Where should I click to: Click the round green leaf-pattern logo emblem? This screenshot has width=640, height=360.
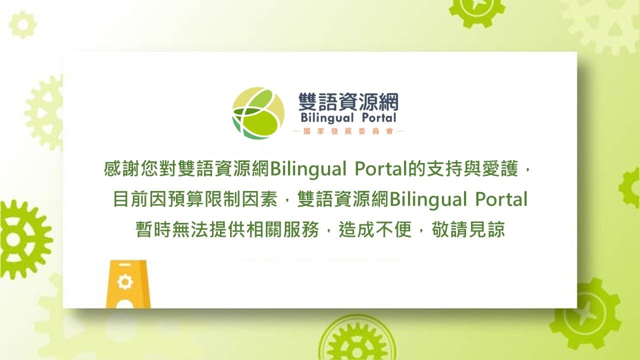(258, 113)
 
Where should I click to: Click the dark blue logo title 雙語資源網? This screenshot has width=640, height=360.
(348, 102)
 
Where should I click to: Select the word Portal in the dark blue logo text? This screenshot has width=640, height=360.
(379, 117)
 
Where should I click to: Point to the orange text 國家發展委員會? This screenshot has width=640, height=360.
(348, 131)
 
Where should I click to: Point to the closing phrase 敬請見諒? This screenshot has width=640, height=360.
(468, 229)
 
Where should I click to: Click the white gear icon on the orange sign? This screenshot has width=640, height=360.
(125, 281)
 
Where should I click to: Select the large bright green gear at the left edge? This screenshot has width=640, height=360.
(24, 239)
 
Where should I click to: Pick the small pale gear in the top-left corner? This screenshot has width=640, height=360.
(23, 24)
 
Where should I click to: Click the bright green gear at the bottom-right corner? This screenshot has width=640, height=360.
(585, 313)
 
